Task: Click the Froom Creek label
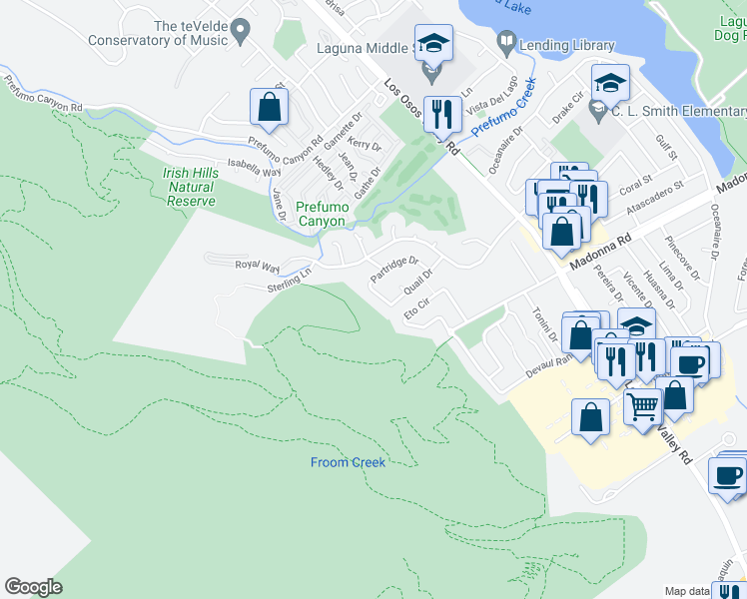tap(348, 462)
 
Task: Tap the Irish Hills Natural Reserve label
tap(190, 187)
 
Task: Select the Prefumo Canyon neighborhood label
tap(323, 214)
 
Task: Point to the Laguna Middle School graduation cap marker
tap(433, 44)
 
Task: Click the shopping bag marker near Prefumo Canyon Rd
tap(270, 106)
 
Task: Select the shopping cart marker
tap(643, 405)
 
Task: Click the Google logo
tap(34, 586)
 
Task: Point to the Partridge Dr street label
tap(393, 268)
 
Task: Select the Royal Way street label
tap(257, 266)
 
